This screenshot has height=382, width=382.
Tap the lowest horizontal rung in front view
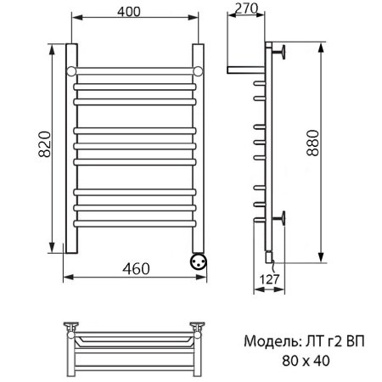[136, 222]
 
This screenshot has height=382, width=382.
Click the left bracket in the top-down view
[74, 325]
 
